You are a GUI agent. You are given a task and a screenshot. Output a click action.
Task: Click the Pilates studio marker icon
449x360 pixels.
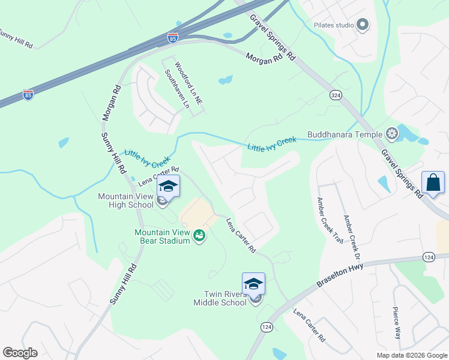coord(362,25)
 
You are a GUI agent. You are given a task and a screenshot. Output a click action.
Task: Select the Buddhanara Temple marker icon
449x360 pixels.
coord(392,133)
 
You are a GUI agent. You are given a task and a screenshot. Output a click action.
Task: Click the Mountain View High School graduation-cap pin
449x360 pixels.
coord(169,186)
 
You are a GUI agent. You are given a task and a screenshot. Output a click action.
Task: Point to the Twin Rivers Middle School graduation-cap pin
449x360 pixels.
coord(253,284)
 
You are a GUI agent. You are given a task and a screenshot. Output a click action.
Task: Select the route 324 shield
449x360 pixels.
coord(336,95)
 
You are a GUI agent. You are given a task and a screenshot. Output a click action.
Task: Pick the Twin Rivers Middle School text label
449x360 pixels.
coord(220,298)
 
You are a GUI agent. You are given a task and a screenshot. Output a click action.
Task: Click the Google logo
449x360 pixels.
coord(20,352)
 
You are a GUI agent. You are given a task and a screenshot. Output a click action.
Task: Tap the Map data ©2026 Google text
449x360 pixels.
coord(412,355)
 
